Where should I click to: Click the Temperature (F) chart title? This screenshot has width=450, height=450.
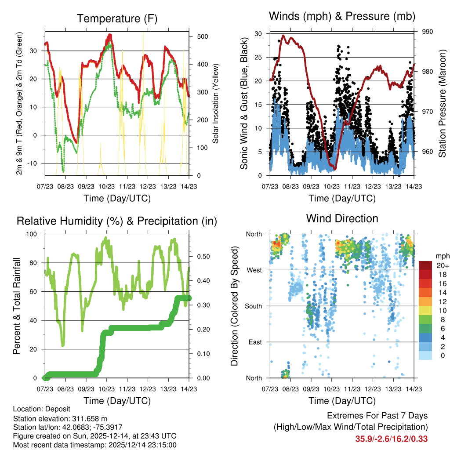tap(116, 18)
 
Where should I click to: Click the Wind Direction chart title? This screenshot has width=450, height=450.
tap(342, 218)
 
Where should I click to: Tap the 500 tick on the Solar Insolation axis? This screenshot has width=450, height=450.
tap(202, 36)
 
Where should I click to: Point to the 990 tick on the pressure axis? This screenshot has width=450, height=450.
tap(428, 32)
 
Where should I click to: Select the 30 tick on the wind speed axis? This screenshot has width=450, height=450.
tap(258, 34)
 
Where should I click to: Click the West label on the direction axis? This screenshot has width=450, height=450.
tap(254, 270)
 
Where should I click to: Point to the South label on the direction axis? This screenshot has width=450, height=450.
tap(253, 306)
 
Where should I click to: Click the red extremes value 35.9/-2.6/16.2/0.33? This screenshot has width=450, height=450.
tap(391, 439)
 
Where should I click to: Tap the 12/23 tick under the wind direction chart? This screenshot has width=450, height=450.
tap(373, 389)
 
